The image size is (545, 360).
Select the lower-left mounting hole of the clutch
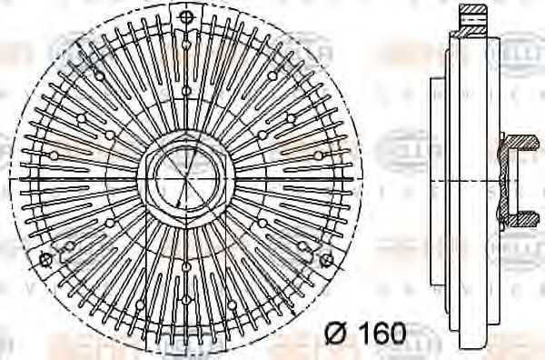click(45, 259)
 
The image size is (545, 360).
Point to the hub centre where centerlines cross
click(185, 179)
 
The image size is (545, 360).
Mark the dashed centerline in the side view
click(481, 179)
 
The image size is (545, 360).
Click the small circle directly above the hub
click(185, 91)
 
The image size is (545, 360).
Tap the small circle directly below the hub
click(185, 266)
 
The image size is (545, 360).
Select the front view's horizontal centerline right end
click(362, 179)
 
